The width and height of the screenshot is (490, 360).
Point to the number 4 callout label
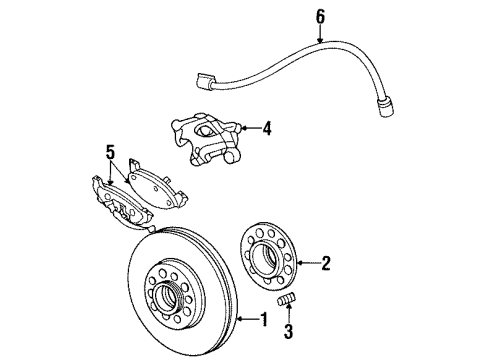(x=268, y=128)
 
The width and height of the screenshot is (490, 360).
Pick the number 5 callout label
(x=109, y=153)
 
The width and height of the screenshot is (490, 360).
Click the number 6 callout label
(x=320, y=16)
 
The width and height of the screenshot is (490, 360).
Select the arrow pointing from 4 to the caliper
(x=250, y=128)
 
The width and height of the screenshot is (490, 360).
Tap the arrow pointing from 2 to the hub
(x=309, y=264)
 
